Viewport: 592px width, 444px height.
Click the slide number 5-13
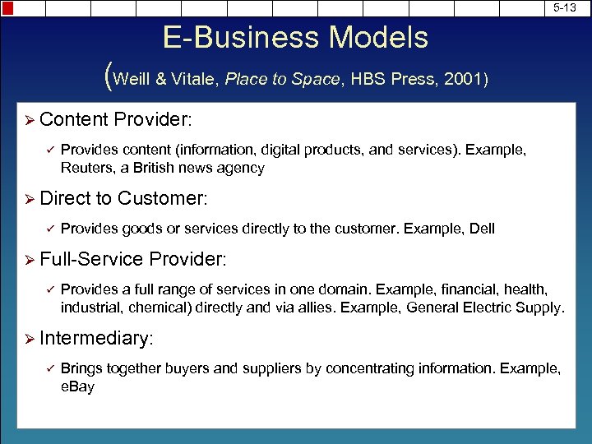point(564,7)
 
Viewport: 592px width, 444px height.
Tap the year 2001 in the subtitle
point(464,79)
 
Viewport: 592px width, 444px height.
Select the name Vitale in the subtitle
point(195,79)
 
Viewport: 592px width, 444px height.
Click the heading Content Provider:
point(116,120)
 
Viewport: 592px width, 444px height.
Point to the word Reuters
point(86,168)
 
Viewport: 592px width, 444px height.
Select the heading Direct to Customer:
point(124,198)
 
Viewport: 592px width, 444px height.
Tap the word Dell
point(482,229)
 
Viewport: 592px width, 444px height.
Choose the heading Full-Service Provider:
point(132,259)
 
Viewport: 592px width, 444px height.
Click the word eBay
point(77,385)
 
